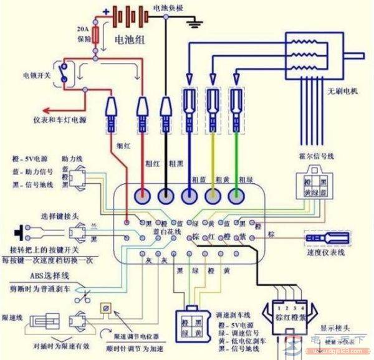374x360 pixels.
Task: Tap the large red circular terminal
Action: pos(141,197)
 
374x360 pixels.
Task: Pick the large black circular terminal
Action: pos(166,197)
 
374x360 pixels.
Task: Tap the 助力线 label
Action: pos(71,159)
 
